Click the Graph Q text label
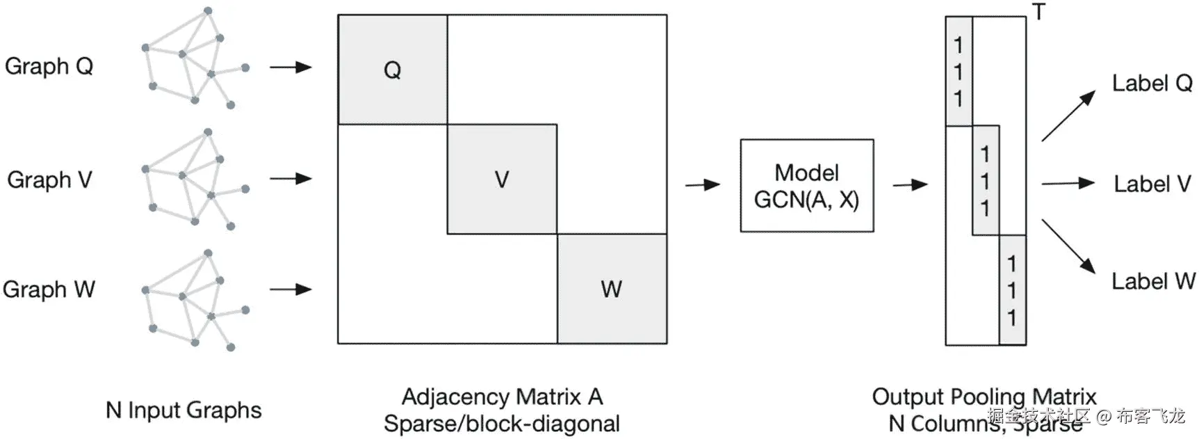[x=49, y=67]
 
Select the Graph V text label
[x=49, y=180]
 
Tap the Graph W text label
[x=49, y=289]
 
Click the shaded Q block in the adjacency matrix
[x=392, y=70]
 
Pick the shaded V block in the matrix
[x=502, y=179]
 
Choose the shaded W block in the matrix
[x=612, y=289]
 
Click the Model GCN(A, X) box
[x=806, y=186]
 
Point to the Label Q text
[x=1152, y=83]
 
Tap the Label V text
[x=1152, y=184]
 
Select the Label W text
[x=1152, y=282]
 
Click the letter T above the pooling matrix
[x=1038, y=12]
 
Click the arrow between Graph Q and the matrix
[x=291, y=67]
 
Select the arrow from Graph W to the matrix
[x=291, y=289]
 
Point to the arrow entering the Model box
[x=703, y=185]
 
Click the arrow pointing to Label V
[x=1068, y=184]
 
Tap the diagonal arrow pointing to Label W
[x=1068, y=246]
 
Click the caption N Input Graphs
[x=183, y=410]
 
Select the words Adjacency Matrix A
[x=502, y=397]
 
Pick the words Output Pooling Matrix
[x=984, y=397]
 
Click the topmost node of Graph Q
[x=208, y=11]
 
